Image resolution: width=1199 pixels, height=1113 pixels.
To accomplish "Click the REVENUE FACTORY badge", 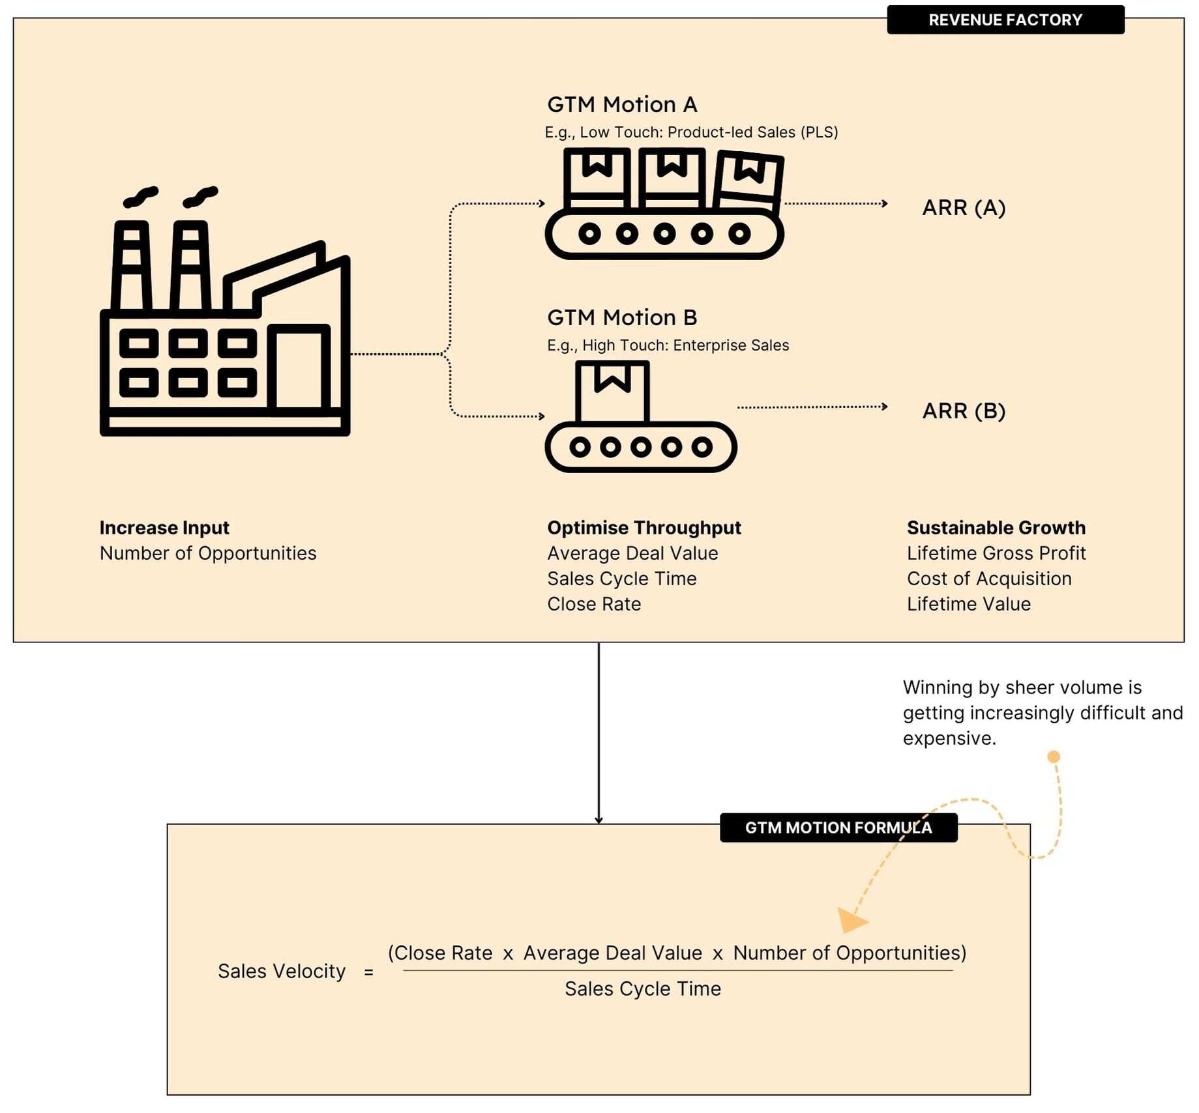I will point(1005,20).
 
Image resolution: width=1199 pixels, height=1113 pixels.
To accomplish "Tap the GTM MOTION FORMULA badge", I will point(838,828).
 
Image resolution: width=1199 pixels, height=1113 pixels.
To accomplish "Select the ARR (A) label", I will point(964,208).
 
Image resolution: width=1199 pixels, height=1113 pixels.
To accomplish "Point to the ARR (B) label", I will point(964,411).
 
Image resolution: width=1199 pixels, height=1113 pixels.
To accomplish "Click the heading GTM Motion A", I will point(622,105).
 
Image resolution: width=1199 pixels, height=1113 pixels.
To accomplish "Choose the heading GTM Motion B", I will point(622,318).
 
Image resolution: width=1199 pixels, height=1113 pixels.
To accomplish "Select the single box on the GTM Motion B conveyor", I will point(612,392).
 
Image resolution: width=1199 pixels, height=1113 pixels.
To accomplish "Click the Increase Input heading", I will point(164,528).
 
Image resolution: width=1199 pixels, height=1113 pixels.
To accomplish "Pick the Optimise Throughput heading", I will point(644,528).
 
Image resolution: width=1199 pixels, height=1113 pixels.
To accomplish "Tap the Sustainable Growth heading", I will point(996,528).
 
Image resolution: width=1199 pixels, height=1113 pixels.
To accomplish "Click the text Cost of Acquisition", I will point(988,579).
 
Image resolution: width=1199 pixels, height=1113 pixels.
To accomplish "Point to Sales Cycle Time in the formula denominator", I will point(642,989).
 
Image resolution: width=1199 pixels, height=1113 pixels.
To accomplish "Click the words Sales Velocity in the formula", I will point(282,971).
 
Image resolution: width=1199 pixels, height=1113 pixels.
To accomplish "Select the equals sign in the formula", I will point(368,972).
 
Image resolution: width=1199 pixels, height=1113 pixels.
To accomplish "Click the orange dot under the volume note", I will point(1053,757).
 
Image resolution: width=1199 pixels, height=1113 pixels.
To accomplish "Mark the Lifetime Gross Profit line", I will point(996,553).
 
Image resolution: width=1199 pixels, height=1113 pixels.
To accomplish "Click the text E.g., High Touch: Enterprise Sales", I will point(668,345).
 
